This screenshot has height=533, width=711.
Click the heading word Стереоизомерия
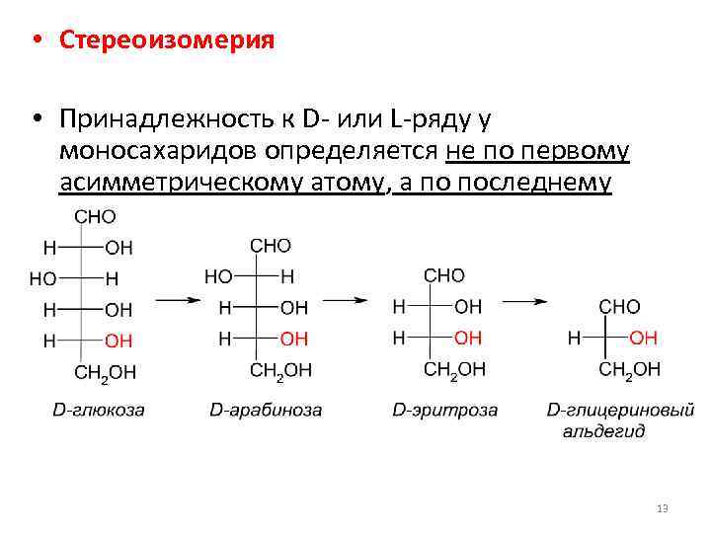pos(166,40)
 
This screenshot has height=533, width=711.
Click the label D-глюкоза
pos(98,410)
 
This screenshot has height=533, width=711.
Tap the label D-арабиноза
pos(266,410)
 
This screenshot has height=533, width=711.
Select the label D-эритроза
pos(444,410)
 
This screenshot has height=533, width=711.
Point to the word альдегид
pos(603,431)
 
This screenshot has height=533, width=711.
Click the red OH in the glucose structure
pos(118,341)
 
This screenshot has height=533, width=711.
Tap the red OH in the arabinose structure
pos(293,339)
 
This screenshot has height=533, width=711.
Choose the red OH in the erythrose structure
pos(468,338)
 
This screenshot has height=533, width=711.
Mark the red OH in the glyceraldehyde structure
pos(643,338)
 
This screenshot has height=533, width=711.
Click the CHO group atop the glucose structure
pos(95,216)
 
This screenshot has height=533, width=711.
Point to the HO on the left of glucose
pos(42,279)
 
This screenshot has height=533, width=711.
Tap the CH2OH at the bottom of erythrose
pos(455,369)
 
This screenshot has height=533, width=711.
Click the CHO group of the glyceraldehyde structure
pos(619,307)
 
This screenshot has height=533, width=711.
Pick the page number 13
pos(662,508)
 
